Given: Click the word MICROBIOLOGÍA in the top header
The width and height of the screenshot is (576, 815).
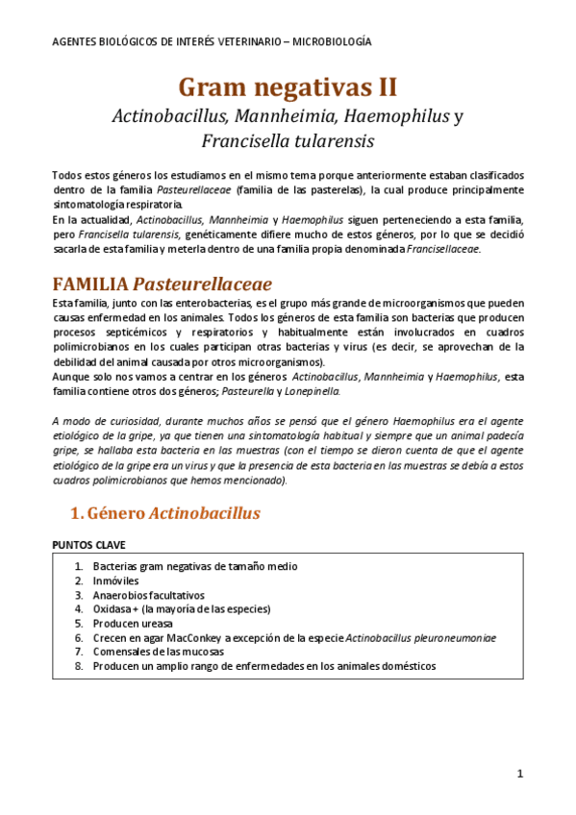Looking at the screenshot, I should coord(334,42).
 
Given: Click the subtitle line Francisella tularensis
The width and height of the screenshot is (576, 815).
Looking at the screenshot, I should coord(288,141).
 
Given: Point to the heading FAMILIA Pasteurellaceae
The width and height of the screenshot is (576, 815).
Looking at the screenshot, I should coord(163,284).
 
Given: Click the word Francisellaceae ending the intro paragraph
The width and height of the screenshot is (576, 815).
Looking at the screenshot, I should coord(442,250).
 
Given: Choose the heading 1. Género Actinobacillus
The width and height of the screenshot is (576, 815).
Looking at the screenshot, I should coord(166,513).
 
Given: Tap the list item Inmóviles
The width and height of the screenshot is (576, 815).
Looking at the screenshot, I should coord(115,580).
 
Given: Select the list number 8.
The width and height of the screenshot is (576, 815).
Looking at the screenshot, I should coord(79,665).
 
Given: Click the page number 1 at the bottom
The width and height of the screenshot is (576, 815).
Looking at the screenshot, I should coord(519,775).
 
